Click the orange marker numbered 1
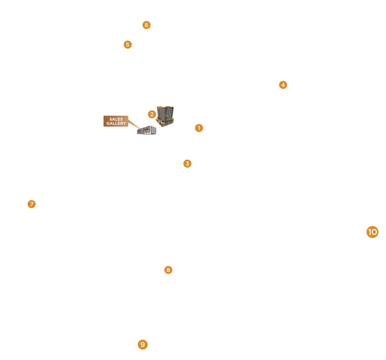[x=199, y=128]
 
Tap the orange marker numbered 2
[x=152, y=114]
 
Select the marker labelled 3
[x=187, y=163]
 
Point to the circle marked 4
[x=283, y=85]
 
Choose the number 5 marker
[x=128, y=44]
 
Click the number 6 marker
[x=146, y=25]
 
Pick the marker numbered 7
[x=32, y=204]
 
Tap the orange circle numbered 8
[x=168, y=270]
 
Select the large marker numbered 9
[x=143, y=344]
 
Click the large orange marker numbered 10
[x=372, y=232]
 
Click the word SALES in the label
[x=116, y=119]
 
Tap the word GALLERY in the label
[x=116, y=124]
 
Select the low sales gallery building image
[x=147, y=130]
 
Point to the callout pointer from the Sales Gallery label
[x=134, y=124]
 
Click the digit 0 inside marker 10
[x=375, y=232]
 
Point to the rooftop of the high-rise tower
[x=166, y=107]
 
